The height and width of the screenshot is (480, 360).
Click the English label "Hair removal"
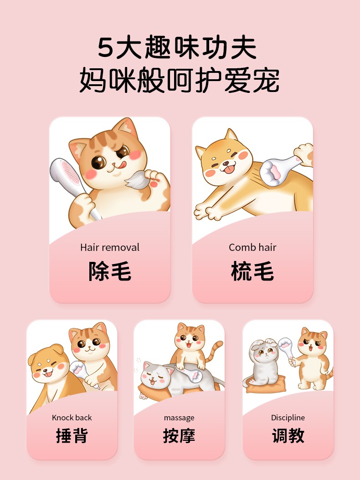click(110, 247)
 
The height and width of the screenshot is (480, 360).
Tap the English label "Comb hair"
click(252, 247)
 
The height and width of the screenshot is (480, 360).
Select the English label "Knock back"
click(72, 418)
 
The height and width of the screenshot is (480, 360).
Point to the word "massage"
click(179, 418)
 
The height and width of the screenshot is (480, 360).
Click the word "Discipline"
click(288, 418)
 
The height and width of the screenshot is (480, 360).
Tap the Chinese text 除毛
click(110, 271)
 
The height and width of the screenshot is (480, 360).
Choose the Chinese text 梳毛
click(252, 271)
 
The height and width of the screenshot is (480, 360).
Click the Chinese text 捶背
click(72, 436)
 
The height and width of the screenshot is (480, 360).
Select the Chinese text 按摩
click(179, 436)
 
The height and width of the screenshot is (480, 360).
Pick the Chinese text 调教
click(288, 436)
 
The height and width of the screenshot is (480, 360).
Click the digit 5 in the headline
click(105, 48)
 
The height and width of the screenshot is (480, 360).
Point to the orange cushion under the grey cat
click(266, 386)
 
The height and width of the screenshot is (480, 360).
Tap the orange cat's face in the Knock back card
click(89, 343)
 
